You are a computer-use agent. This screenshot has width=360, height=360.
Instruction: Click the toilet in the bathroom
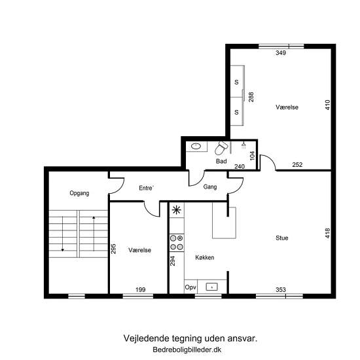[x=221, y=148]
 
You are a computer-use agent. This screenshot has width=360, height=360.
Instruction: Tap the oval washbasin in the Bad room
[x=196, y=146]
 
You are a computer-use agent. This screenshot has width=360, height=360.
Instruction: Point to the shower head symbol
[x=244, y=145]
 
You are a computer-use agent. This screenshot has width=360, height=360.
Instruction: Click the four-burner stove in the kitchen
[x=177, y=243]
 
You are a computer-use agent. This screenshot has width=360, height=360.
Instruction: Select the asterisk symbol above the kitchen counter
[x=177, y=210]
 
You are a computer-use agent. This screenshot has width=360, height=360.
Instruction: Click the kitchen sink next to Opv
[x=211, y=287]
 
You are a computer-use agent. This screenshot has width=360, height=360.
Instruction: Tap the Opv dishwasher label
[x=190, y=287]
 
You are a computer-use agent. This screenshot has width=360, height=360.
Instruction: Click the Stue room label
[x=281, y=238]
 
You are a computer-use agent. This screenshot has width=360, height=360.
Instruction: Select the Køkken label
[x=205, y=257]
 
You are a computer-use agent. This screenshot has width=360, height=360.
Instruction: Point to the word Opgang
[x=79, y=193]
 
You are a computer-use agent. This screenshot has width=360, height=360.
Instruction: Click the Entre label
[x=146, y=188]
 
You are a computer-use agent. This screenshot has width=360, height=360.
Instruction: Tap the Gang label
[x=210, y=187]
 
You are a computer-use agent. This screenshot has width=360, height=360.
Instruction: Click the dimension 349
[x=281, y=53]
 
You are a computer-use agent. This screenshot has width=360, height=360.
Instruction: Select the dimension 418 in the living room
[x=328, y=233]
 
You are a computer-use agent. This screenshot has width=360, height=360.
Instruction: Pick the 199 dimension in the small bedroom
[x=140, y=290]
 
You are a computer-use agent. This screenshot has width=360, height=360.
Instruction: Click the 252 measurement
[x=297, y=164]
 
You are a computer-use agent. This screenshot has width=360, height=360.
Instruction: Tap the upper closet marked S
[x=237, y=82]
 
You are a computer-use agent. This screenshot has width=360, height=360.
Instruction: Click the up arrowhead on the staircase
[x=94, y=217]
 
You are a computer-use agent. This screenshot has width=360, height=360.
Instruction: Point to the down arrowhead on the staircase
[x=62, y=250]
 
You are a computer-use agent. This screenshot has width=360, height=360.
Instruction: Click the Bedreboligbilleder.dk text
[x=187, y=350]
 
